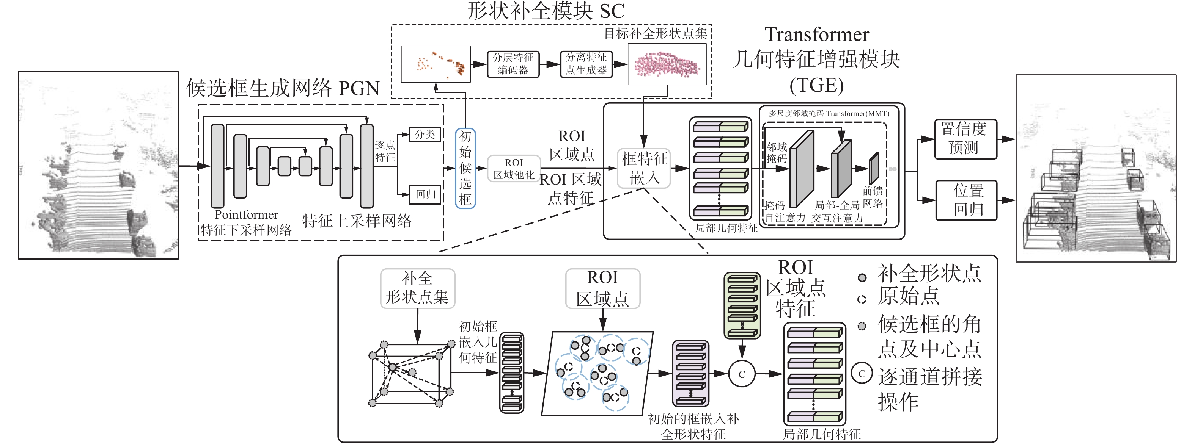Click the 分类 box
coord(425,135)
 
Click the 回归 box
coord(425,194)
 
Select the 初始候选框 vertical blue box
coord(465,168)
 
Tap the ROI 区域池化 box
coord(514,169)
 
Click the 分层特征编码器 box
coord(513,64)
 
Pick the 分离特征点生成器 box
coord(586,64)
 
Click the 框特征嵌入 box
coord(644,168)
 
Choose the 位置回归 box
coord(966,200)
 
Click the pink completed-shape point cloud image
coord(667,64)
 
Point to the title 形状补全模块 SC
coord(546,11)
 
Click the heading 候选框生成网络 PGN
coord(283,88)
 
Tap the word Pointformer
coord(246,214)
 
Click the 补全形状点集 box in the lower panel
coord(418,288)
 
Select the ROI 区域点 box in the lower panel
coord(602,288)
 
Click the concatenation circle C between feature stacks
coord(742,374)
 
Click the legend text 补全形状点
coord(929,273)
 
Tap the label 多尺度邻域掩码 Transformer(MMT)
coord(829,114)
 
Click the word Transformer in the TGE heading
coord(817,35)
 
